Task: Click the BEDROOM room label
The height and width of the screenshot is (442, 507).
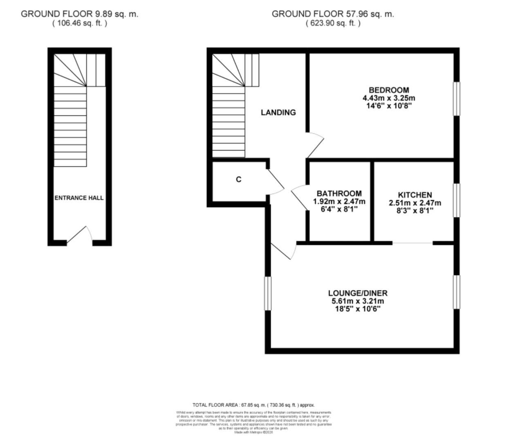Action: [x=388, y=90]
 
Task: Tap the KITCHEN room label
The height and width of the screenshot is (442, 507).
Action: [x=415, y=195]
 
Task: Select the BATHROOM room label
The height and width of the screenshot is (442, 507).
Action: [x=339, y=193]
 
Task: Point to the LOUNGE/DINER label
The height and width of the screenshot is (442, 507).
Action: [x=357, y=293]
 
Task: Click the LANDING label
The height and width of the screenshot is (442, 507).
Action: [x=278, y=112]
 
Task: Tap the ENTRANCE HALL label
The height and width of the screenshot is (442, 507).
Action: [x=79, y=198]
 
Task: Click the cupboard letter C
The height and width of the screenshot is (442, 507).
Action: [x=239, y=179]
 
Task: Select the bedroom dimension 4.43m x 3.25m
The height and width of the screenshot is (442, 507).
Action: [x=388, y=98]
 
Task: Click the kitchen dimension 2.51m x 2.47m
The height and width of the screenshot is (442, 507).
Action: [x=415, y=203]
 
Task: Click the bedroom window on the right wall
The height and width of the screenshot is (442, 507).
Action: [x=457, y=99]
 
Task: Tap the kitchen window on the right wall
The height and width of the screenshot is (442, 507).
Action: [x=457, y=200]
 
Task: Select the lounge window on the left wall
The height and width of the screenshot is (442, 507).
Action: [x=268, y=293]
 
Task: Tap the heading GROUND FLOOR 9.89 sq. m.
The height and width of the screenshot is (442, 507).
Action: [x=80, y=14]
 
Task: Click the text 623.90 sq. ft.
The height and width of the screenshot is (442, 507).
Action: [x=333, y=23]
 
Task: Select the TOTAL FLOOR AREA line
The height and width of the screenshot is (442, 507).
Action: [x=253, y=405]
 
